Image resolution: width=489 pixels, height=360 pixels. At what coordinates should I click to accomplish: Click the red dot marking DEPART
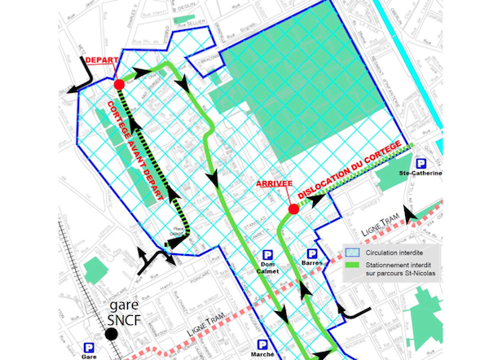tap(118, 84)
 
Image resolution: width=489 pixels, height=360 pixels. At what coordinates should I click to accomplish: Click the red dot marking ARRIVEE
tap(292, 209)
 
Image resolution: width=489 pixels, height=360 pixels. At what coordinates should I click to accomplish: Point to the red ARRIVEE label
tap(273, 184)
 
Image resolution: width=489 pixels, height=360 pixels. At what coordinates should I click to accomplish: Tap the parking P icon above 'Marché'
tap(262, 345)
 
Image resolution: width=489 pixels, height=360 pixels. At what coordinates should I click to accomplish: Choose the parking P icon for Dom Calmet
tap(267, 254)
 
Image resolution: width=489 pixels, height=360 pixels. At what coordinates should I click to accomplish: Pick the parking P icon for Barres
tap(311, 254)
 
